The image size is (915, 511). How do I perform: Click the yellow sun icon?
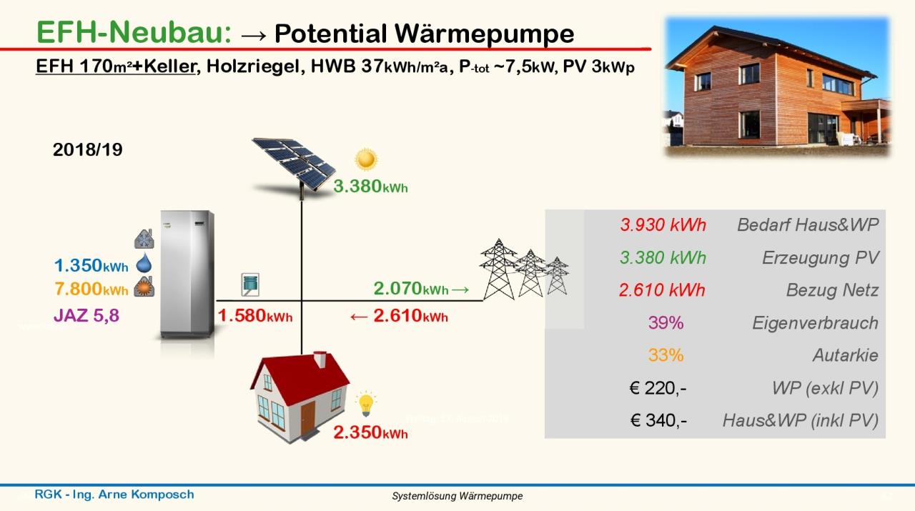(x=366, y=159)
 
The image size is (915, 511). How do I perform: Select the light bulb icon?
(x=365, y=404)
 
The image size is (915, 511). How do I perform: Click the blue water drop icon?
(x=144, y=263)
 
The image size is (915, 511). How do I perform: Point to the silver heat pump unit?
(x=187, y=274)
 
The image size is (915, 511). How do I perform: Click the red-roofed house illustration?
(x=300, y=397)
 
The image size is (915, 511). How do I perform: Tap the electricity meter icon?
(x=250, y=284)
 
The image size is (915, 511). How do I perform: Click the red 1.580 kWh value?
(x=255, y=316)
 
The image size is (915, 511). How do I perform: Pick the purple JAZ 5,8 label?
(x=86, y=315)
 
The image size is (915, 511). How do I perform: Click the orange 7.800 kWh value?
(x=91, y=289)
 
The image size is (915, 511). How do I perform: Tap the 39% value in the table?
(x=666, y=323)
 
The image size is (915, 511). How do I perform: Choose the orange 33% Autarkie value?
(x=666, y=355)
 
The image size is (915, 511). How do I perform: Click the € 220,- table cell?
(x=658, y=387)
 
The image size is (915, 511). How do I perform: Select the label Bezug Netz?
(x=832, y=290)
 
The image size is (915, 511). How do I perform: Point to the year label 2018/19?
(x=87, y=149)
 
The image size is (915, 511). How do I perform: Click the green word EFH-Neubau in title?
(x=134, y=32)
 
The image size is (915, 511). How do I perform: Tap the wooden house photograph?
(x=777, y=86)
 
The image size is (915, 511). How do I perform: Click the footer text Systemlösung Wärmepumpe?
(x=457, y=496)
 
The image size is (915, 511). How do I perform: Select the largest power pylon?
(x=499, y=269)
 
